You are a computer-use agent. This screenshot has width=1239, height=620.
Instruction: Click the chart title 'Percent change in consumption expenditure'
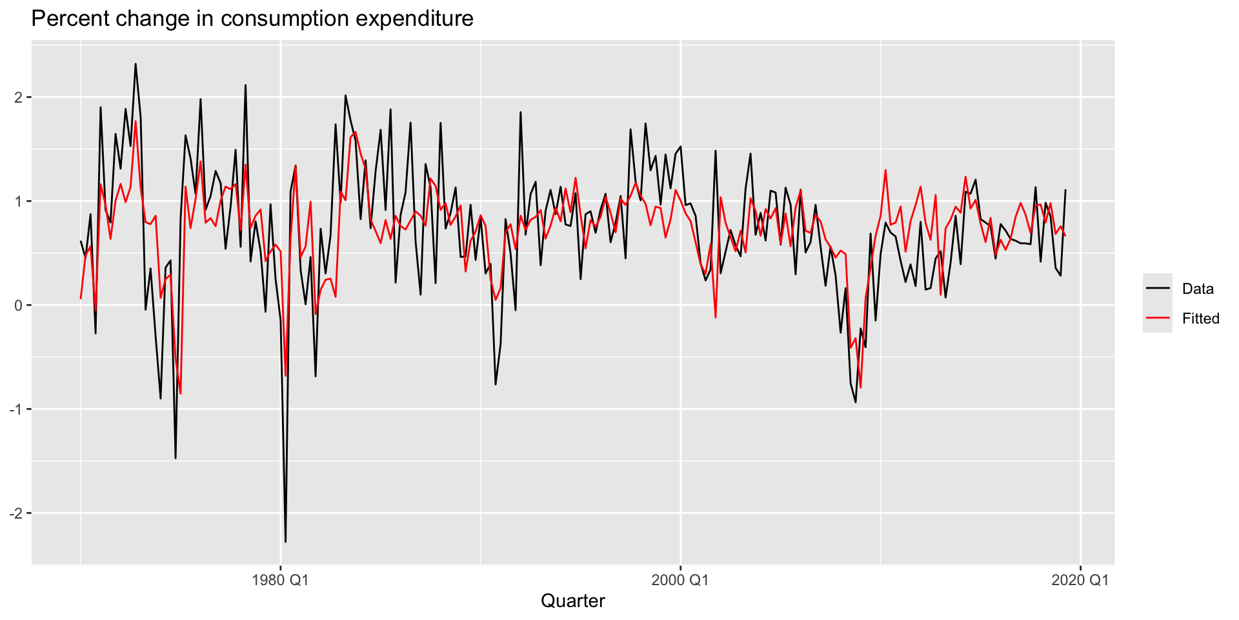pos(252,19)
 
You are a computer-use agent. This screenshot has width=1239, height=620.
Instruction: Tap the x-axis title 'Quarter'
pos(572,601)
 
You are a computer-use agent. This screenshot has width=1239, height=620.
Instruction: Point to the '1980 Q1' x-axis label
pos(280,579)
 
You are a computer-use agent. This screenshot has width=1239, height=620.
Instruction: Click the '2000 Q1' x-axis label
pos(680,579)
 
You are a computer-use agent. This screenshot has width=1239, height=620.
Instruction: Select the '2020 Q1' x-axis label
pos(1080,579)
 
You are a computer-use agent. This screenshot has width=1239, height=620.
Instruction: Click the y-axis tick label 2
pos(19,98)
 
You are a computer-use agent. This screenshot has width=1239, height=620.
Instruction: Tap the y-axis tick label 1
pos(19,201)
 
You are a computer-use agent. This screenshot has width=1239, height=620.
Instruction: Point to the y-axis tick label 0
pos(19,305)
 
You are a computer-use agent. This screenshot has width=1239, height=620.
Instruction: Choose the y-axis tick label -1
pos(15,409)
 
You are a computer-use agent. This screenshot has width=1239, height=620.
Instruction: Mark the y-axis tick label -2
pos(15,513)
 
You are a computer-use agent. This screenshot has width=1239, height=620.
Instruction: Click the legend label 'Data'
pos(1198,289)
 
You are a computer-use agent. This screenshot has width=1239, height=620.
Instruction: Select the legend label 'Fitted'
pos(1200,318)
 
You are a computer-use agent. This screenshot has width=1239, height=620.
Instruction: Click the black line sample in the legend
pos(1158,289)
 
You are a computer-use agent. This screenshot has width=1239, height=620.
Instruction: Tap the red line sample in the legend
pos(1158,318)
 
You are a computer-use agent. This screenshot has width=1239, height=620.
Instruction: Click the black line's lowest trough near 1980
pos(285,541)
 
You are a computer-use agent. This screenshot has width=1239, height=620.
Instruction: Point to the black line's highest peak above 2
pos(136,64)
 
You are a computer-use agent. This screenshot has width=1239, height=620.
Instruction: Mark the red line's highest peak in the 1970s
pos(136,121)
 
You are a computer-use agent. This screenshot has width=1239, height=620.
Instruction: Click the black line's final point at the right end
pos(1065,190)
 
